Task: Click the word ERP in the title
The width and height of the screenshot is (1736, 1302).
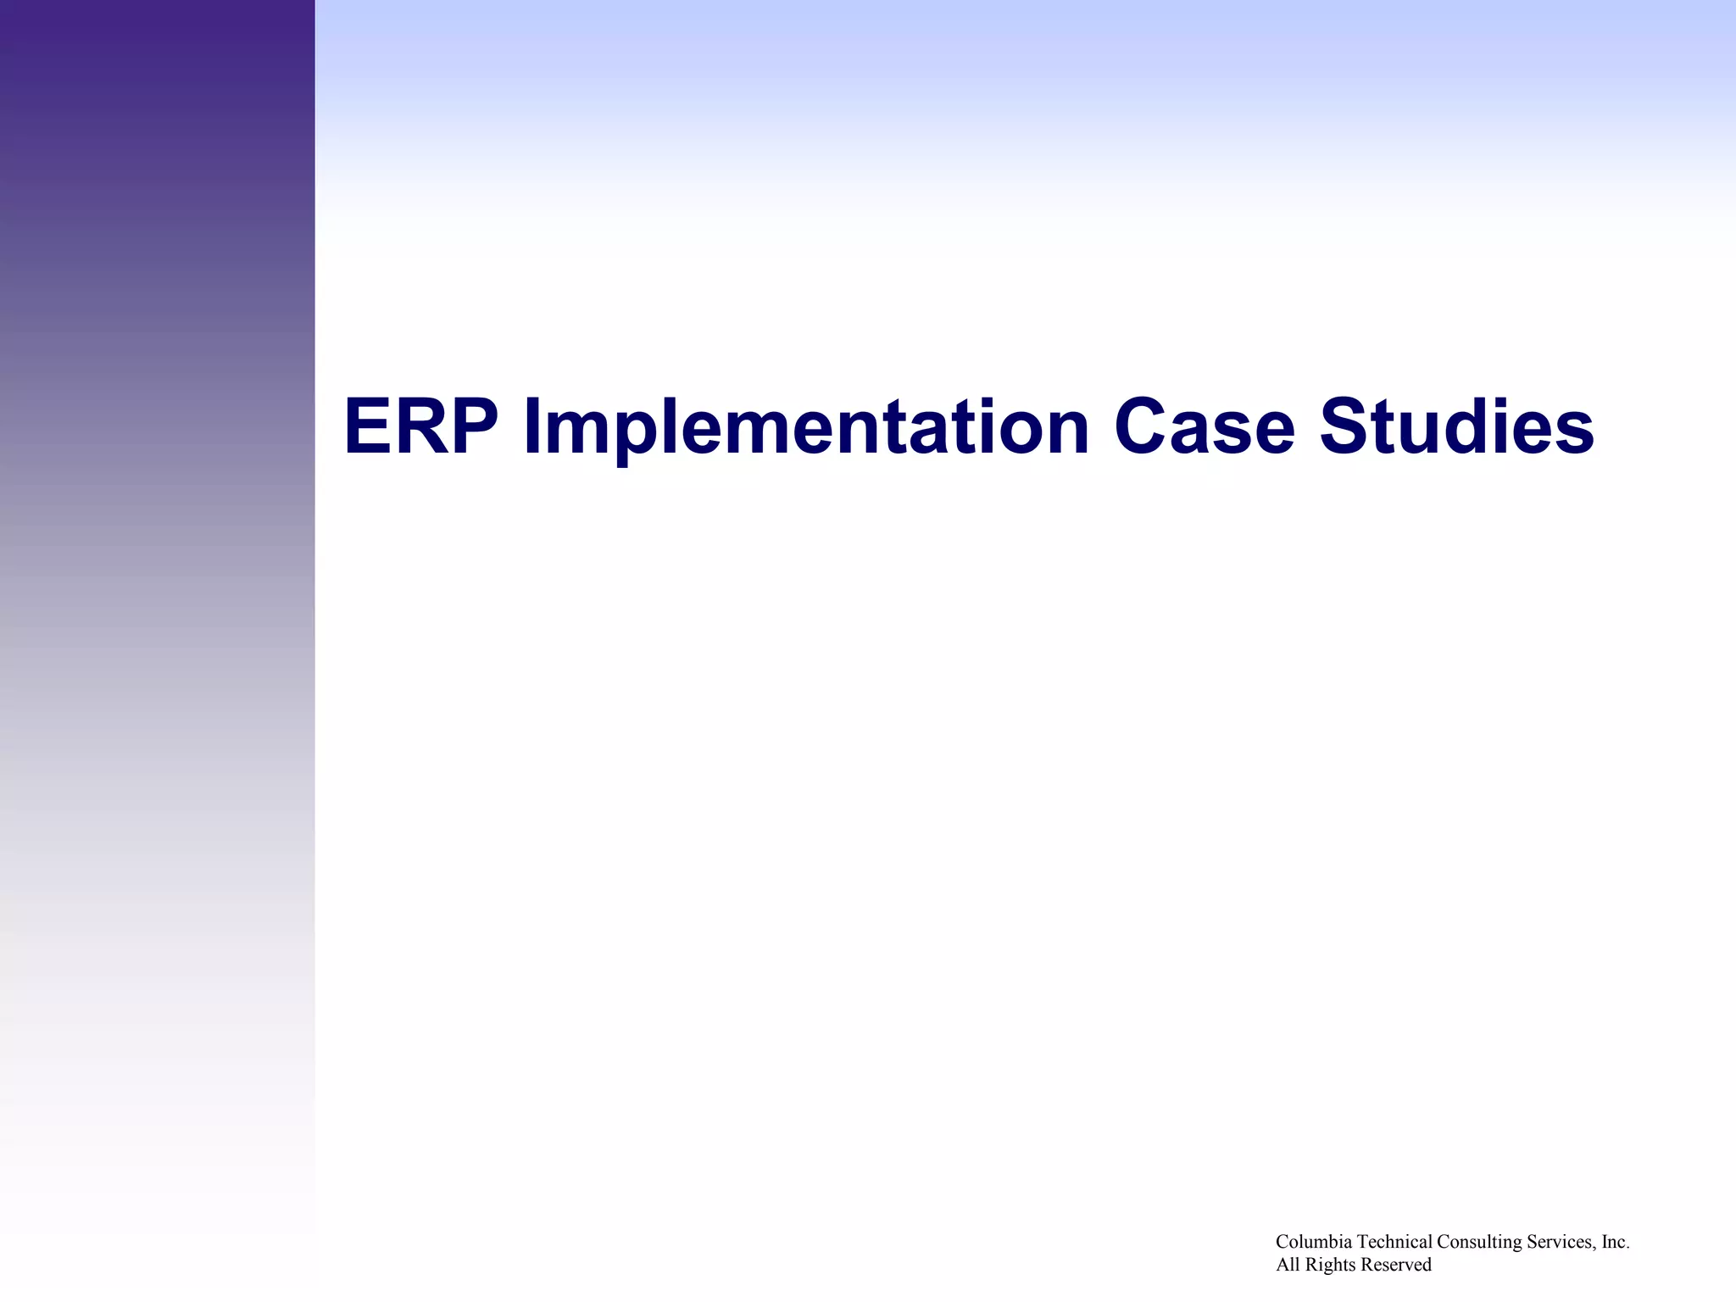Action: (420, 427)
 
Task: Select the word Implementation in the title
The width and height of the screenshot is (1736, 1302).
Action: (805, 427)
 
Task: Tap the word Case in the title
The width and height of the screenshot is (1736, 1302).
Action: (1204, 427)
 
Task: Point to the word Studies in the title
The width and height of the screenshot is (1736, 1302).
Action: (1456, 427)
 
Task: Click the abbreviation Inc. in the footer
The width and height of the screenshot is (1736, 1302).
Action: (1616, 1242)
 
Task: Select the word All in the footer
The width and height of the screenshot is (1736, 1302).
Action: (1288, 1265)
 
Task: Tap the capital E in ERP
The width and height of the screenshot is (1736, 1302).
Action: (368, 427)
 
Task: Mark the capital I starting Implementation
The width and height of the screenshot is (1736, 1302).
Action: (531, 427)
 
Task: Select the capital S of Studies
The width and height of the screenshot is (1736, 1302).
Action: (1346, 427)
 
